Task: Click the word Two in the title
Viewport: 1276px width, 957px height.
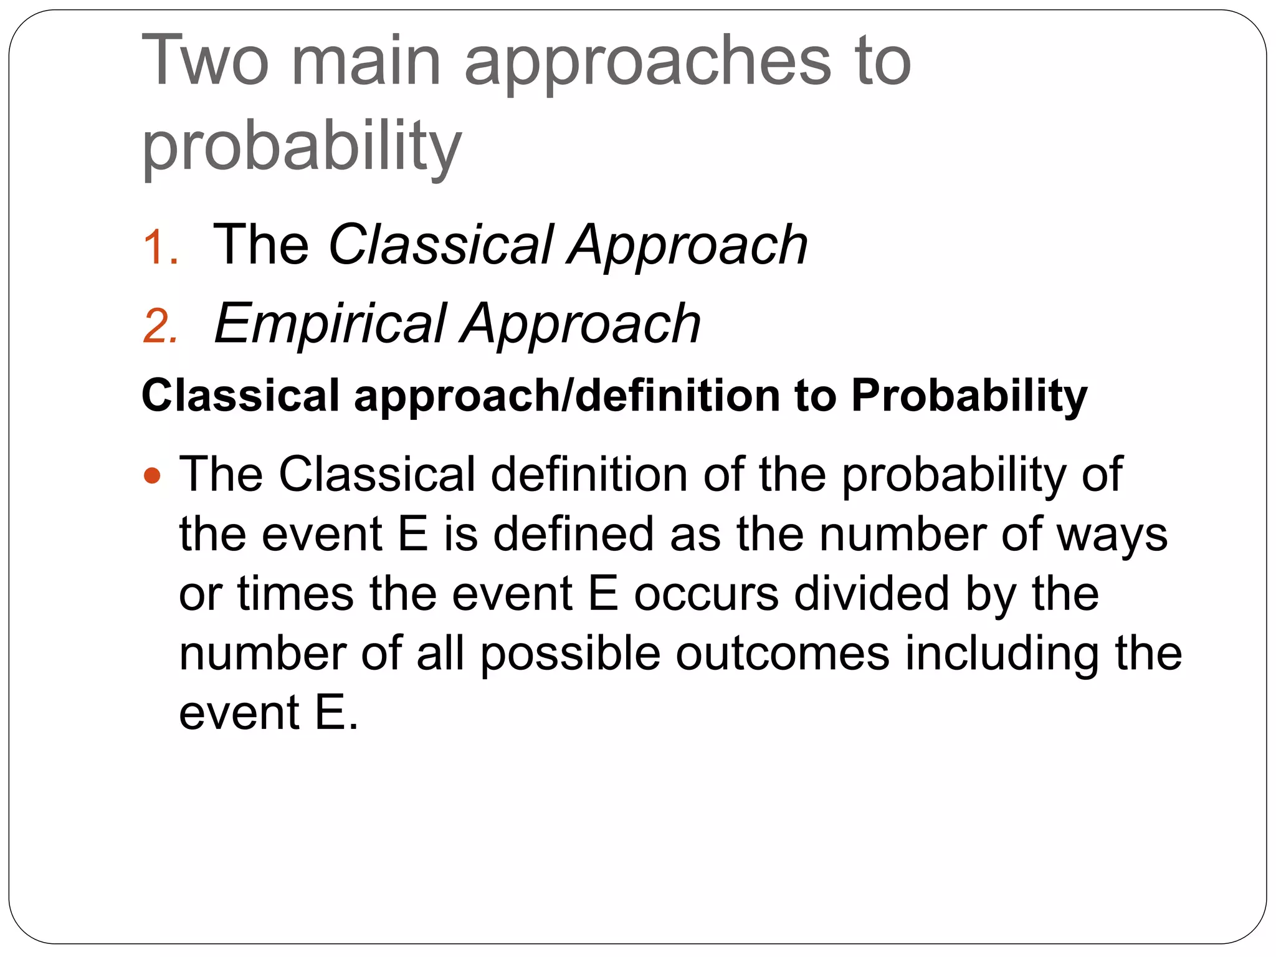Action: pyautogui.click(x=205, y=60)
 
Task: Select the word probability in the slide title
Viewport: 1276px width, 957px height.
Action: pyautogui.click(x=302, y=147)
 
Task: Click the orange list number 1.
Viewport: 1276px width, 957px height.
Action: pyautogui.click(x=161, y=247)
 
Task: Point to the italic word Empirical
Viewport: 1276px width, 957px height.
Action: pyautogui.click(x=330, y=323)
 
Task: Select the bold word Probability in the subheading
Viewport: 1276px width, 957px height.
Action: pyautogui.click(x=969, y=395)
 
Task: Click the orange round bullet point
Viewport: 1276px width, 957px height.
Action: pyautogui.click(x=152, y=476)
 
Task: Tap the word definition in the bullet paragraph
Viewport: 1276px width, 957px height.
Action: pyautogui.click(x=589, y=474)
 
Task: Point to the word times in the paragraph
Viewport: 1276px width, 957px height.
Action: pyautogui.click(x=295, y=593)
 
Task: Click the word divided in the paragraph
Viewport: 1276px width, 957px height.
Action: pyautogui.click(x=872, y=593)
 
